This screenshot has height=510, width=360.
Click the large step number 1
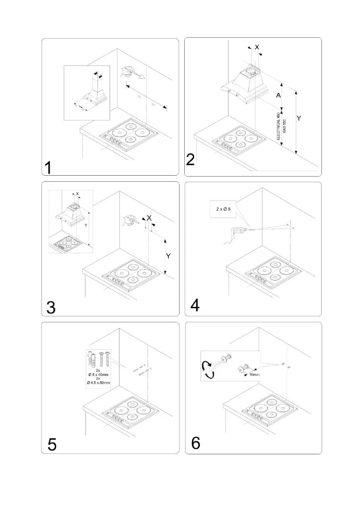(49, 167)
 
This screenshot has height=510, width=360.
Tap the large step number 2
(191, 159)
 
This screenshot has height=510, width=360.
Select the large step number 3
(51, 307)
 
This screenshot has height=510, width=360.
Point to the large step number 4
(194, 306)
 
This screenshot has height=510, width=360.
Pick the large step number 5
(51, 444)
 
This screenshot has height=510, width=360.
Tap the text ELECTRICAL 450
(278, 126)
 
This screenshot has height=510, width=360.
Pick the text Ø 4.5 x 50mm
(98, 383)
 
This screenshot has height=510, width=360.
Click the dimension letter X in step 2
(257, 48)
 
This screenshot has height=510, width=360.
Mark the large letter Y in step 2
(299, 119)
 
